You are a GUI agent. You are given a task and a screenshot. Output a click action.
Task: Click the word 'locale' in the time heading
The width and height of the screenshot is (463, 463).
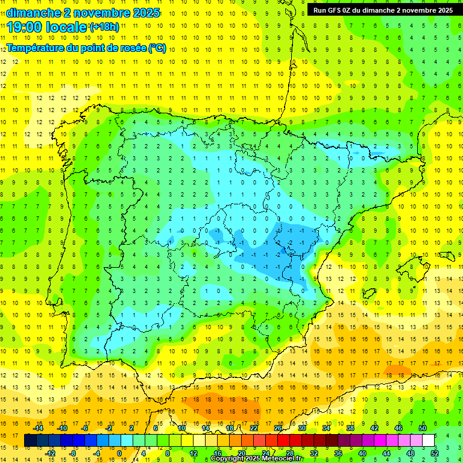pyautogui.click(x=65, y=27)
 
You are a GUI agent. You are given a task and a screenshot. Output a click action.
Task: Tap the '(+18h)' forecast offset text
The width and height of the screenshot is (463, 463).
pyautogui.click(x=104, y=27)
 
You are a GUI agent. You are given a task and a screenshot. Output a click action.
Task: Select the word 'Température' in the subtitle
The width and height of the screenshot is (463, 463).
pyautogui.click(x=35, y=48)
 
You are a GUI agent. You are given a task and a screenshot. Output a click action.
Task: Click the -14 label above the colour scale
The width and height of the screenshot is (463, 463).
pyautogui.click(x=39, y=427)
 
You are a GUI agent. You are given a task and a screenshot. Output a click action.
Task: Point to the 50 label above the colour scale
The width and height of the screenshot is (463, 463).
pyautogui.click(x=423, y=427)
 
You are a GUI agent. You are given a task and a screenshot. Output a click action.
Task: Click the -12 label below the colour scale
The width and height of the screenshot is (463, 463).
pyautogui.click(x=50, y=453)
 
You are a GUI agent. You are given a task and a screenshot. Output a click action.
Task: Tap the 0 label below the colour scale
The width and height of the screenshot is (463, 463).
pyautogui.click(x=119, y=453)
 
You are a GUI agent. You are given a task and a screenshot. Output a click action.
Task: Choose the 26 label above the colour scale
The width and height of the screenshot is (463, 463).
pyautogui.click(x=279, y=427)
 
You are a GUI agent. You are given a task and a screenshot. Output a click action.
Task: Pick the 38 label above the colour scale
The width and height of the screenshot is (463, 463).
pyautogui.click(x=350, y=427)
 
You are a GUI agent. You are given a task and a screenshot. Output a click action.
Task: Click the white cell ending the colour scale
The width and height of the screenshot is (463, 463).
pyautogui.click(x=429, y=441)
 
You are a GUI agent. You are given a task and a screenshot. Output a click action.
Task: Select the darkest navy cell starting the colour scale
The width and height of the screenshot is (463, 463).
pyautogui.click(x=30, y=441)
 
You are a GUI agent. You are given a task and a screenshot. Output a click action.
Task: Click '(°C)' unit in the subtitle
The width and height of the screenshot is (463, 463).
pyautogui.click(x=157, y=48)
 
